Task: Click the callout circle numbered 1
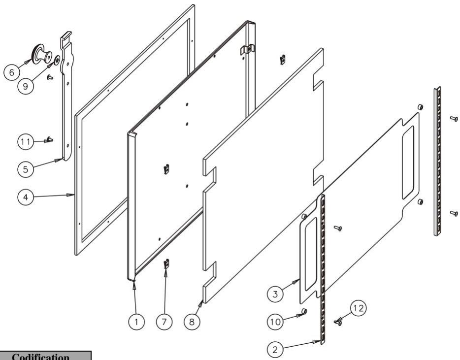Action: (x=136, y=322)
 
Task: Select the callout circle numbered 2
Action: (x=275, y=350)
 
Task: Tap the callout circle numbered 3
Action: (x=275, y=294)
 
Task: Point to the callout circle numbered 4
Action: (x=26, y=197)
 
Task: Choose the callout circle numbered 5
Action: (x=26, y=169)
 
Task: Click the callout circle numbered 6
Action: (x=12, y=72)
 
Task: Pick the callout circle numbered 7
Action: (x=164, y=322)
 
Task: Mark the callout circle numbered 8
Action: (x=192, y=322)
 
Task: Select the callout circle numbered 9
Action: (x=26, y=86)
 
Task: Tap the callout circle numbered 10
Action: (x=275, y=322)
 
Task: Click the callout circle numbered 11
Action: (x=26, y=142)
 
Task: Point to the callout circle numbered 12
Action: (x=358, y=308)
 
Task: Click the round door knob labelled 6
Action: (x=42, y=55)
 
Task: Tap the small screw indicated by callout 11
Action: (x=50, y=139)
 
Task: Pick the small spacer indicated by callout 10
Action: (x=304, y=311)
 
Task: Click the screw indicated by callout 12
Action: (x=338, y=323)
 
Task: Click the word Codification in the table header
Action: (x=41, y=357)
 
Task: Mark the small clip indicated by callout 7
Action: (x=166, y=263)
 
